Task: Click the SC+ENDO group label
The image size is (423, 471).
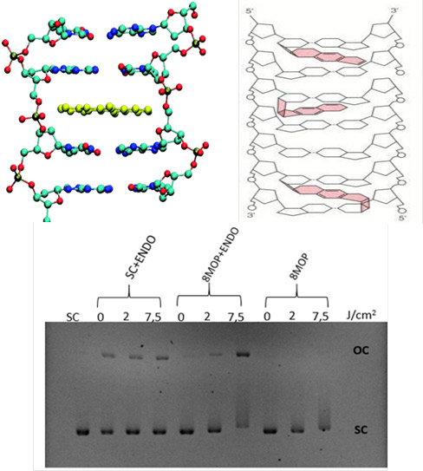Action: (141, 257)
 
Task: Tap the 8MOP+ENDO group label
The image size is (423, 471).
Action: (222, 255)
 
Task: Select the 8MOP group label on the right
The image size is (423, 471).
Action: (300, 266)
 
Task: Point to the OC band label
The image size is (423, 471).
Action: (361, 350)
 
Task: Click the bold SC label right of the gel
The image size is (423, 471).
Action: (361, 430)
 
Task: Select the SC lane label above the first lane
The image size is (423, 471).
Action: (73, 317)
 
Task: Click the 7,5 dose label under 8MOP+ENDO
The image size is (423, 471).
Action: (237, 317)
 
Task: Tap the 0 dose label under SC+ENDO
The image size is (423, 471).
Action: (101, 317)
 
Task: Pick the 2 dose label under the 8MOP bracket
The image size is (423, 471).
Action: (292, 316)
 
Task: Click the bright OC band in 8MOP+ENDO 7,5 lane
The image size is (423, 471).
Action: (244, 354)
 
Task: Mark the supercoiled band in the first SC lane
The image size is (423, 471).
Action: (83, 432)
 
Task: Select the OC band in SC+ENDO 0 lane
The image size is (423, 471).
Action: (108, 356)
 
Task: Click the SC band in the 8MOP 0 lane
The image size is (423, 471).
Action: (270, 431)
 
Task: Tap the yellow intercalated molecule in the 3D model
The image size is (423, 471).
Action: (105, 109)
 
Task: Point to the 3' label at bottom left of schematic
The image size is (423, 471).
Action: (251, 215)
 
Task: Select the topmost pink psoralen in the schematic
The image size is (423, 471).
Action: (322, 56)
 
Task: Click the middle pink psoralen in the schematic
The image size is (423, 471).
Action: (309, 108)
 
